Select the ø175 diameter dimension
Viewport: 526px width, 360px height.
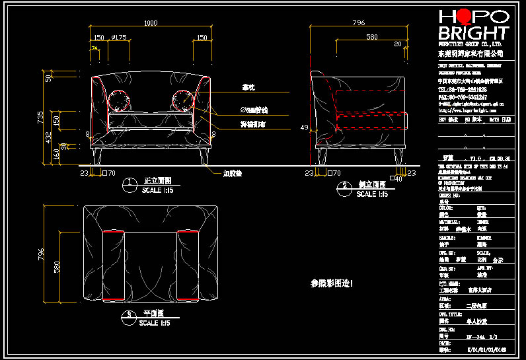point(120,38)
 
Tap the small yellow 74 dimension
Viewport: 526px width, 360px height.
point(94,49)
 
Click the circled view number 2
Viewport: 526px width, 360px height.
point(344,188)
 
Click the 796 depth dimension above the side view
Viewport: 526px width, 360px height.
point(358,24)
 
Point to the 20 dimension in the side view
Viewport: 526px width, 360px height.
point(397,44)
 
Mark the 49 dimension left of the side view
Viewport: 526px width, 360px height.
point(305,127)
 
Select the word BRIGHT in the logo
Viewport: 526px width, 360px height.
point(474,34)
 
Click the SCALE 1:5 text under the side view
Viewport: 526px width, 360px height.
point(375,194)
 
